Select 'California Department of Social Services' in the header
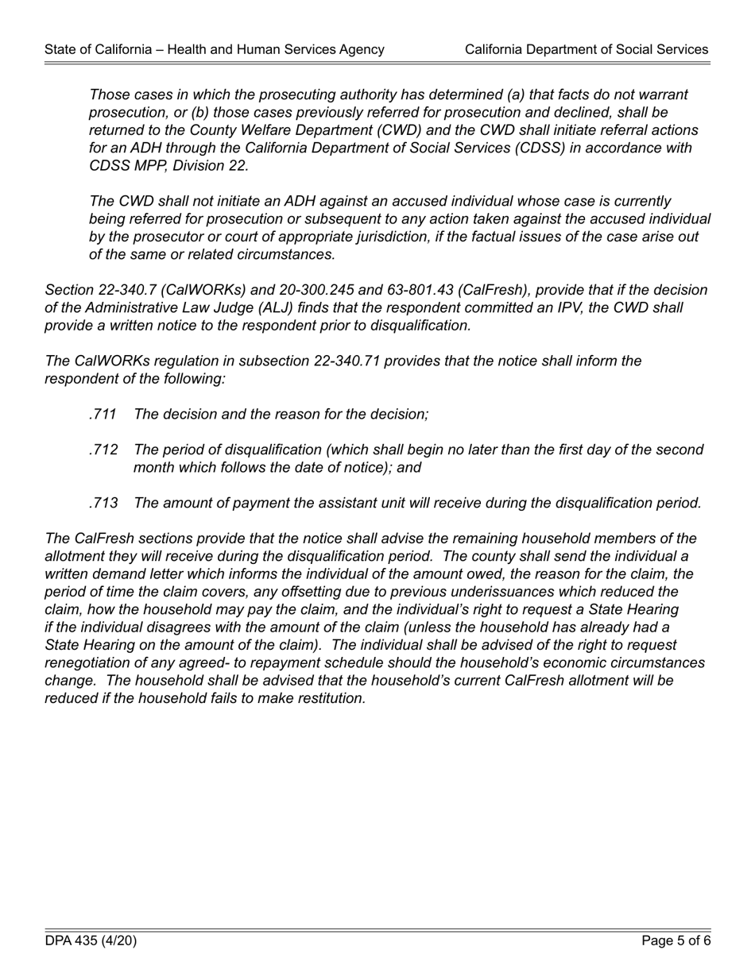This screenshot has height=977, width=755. [587, 49]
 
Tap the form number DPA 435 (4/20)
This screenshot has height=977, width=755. [91, 941]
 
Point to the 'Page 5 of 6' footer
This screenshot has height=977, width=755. [676, 941]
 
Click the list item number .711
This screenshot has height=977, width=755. [103, 414]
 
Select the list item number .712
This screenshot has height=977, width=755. [103, 450]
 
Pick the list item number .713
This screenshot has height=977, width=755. [103, 503]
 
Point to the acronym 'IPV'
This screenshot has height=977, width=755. [571, 307]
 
